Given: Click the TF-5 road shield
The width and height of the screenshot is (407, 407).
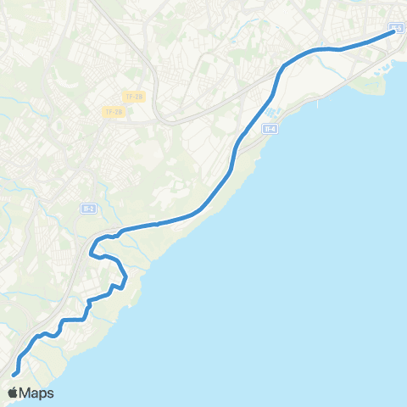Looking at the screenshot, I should click(397, 28).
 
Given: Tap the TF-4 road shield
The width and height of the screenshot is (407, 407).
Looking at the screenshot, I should click(270, 129).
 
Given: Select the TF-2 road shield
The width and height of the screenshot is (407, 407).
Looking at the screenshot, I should click(87, 209).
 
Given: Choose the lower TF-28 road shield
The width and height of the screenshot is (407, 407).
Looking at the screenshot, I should click(113, 112).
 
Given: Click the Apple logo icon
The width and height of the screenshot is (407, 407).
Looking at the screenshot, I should click(13, 393).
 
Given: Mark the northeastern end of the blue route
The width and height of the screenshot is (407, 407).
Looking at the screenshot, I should click(393, 33).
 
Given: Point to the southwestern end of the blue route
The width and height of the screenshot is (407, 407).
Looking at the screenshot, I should click(14, 374).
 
